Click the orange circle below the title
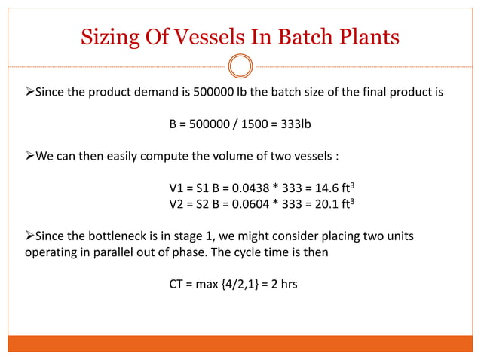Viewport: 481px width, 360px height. (240, 66)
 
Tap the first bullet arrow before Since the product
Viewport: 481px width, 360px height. (20, 95)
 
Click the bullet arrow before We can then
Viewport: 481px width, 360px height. (20, 159)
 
